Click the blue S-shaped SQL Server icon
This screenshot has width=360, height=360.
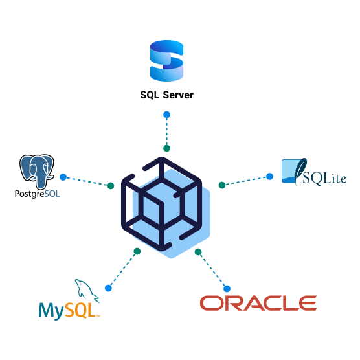(166, 61)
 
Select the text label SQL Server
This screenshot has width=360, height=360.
(166, 95)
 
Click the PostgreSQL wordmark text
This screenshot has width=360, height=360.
(37, 194)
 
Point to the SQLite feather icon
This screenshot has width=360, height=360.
(300, 171)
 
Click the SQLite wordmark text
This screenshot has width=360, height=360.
(324, 178)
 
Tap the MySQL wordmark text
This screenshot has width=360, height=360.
(69, 310)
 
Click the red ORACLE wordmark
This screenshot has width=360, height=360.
(258, 303)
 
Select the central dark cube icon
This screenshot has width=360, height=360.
(162, 204)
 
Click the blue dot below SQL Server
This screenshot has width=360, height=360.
(166, 115)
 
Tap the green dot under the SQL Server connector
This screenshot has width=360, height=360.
(166, 148)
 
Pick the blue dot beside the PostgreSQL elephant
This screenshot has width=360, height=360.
(63, 177)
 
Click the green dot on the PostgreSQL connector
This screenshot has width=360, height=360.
(111, 186)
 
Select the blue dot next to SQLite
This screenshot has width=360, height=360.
(269, 176)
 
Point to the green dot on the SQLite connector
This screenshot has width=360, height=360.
(222, 185)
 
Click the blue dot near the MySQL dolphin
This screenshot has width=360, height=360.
(108, 288)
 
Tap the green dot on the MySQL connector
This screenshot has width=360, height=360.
(137, 251)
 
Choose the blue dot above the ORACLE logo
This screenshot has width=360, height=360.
(227, 289)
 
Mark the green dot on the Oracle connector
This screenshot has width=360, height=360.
(198, 252)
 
